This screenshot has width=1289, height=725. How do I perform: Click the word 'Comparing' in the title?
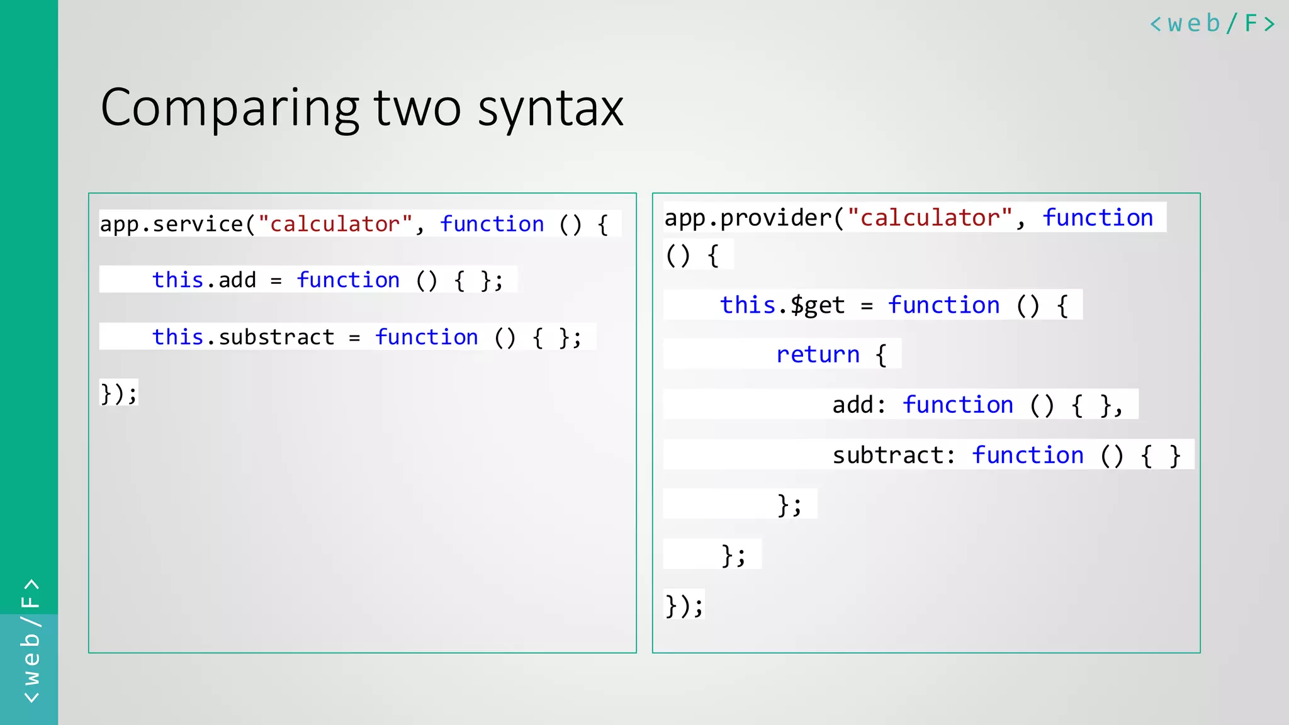[x=230, y=108]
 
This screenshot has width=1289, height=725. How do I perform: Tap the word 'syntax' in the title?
[x=550, y=108]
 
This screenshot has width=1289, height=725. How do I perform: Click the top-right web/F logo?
[x=1212, y=24]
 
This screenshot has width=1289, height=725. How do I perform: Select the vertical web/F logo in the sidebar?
[x=30, y=640]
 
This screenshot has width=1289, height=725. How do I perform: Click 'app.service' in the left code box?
[x=171, y=224]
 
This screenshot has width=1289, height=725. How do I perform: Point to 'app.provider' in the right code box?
[x=748, y=218]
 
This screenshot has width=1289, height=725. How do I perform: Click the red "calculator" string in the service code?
[x=335, y=224]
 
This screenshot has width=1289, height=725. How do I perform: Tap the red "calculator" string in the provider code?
[x=930, y=218]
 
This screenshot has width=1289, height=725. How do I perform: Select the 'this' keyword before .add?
[x=177, y=280]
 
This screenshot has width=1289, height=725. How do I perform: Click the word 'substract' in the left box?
[x=276, y=337]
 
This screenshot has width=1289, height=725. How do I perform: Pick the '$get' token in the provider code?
[x=817, y=305]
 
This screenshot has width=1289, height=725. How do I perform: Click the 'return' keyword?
[x=818, y=355]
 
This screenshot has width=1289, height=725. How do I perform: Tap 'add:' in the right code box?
[x=858, y=405]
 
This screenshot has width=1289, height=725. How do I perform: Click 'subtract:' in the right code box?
[x=894, y=455]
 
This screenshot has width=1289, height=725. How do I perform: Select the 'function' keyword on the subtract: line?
[x=1027, y=455]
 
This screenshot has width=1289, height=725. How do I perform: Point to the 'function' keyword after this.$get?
[x=943, y=305]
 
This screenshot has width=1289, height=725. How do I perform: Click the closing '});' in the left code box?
[x=118, y=394]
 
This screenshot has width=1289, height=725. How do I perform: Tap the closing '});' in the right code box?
[x=684, y=605]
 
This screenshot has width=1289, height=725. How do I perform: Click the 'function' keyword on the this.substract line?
[x=426, y=337]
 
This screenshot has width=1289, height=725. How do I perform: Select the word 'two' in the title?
[x=417, y=108]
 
